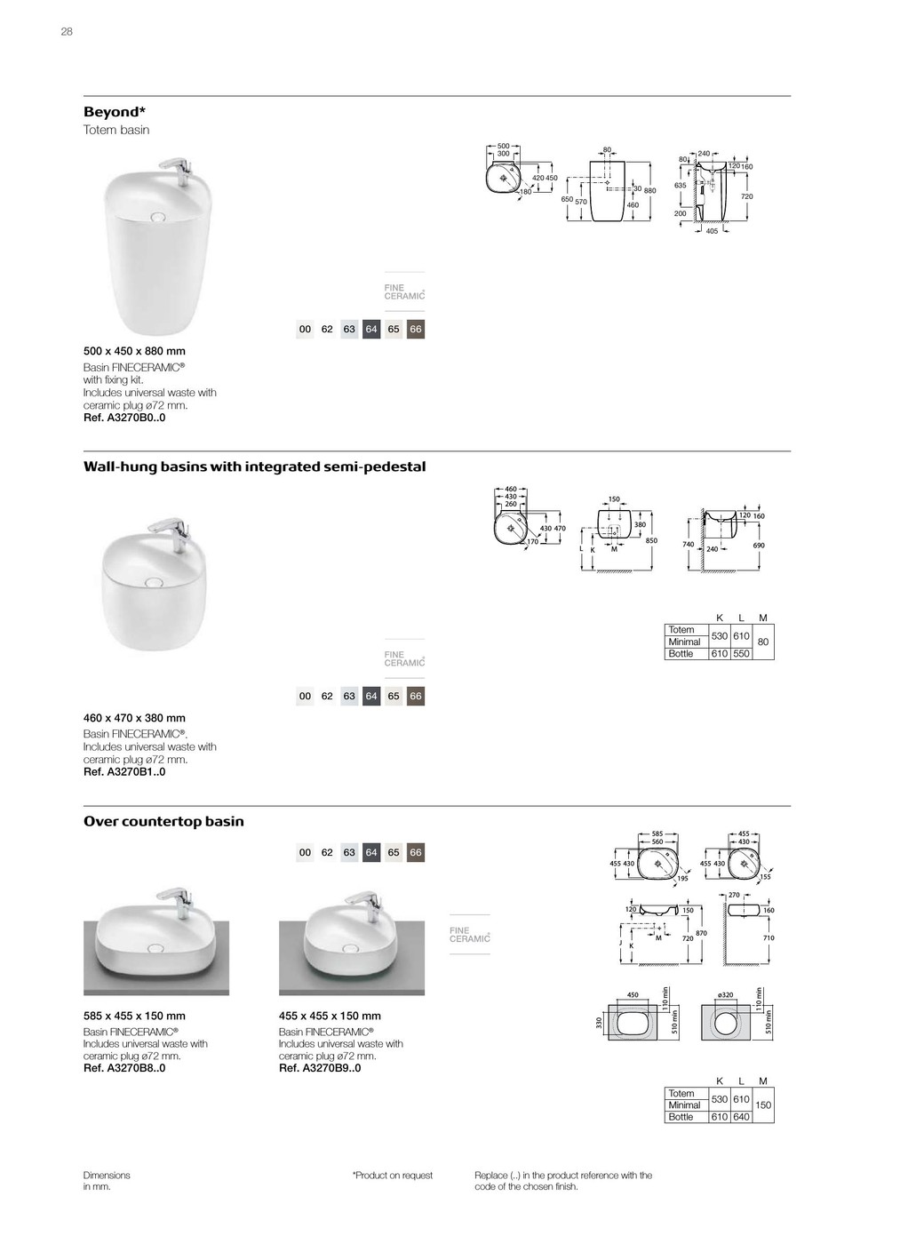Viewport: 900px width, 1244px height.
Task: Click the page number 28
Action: tap(67, 32)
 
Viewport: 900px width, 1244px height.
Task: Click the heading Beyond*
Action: tap(114, 112)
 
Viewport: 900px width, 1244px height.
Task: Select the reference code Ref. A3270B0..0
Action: tap(124, 418)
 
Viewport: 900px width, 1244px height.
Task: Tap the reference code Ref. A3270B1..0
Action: tap(124, 772)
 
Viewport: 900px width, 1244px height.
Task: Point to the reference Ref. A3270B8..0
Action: tap(124, 1068)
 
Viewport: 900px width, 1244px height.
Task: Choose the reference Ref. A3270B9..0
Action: tap(320, 1068)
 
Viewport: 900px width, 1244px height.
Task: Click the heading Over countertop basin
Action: tap(163, 822)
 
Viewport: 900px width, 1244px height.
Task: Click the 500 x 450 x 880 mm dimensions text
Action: tap(134, 351)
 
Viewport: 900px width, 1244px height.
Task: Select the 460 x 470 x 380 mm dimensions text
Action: tap(134, 718)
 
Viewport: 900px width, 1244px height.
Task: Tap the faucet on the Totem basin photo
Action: tap(177, 168)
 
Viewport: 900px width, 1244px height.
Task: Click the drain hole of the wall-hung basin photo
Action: tap(155, 583)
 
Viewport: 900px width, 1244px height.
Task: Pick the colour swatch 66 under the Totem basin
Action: tap(416, 330)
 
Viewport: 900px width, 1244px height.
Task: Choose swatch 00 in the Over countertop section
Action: tap(305, 853)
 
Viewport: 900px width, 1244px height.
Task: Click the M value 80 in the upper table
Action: tap(763, 642)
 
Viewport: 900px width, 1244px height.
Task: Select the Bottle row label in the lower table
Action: tap(681, 1117)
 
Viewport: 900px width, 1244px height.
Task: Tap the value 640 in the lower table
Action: tap(741, 1117)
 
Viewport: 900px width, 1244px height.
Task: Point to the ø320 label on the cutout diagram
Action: tap(726, 995)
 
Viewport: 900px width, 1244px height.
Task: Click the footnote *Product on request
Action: tap(393, 1176)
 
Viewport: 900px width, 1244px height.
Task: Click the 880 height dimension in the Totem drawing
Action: tap(649, 191)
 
